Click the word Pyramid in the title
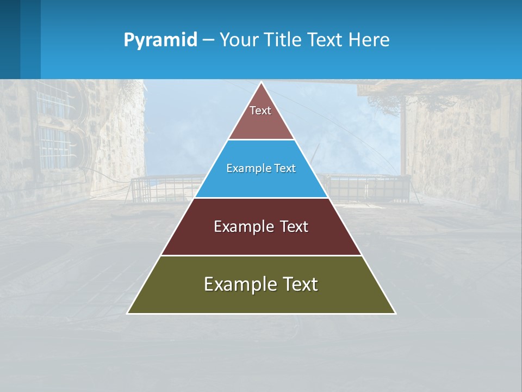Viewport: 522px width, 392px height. [x=160, y=40]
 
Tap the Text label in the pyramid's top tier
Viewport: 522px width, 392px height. [x=260, y=111]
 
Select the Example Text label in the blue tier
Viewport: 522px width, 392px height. [x=261, y=168]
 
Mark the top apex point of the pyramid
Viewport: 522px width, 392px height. [x=262, y=83]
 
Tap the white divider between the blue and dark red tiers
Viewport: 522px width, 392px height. [x=261, y=198]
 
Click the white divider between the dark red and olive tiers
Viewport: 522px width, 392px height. [x=261, y=255]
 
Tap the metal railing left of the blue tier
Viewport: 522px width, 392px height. [x=163, y=188]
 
